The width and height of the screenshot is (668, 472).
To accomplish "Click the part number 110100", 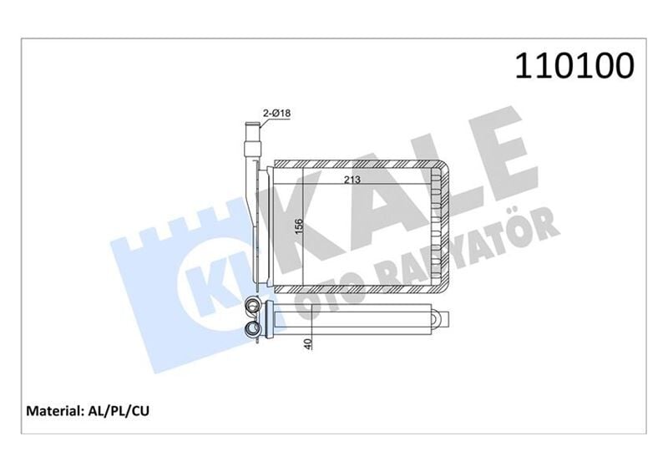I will point(575,67).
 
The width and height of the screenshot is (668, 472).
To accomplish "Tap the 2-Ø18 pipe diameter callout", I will point(277,112).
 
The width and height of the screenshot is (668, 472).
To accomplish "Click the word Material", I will point(53,411).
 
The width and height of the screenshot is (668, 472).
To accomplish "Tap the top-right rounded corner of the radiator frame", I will point(444,165).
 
